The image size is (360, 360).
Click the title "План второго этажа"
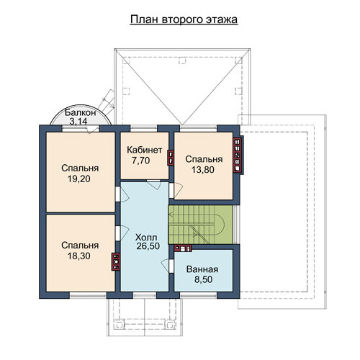(x=184, y=19)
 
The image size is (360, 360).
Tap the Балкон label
(x=81, y=112)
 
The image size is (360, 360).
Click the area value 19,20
(x=79, y=179)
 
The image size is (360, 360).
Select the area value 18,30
(x=79, y=256)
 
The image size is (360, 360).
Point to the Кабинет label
(x=145, y=150)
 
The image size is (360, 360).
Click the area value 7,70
(x=141, y=161)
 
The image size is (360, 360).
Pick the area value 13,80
(x=203, y=170)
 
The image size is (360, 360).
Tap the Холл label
(x=146, y=238)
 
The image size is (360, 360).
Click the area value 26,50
(x=148, y=246)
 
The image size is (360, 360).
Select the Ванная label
(x=202, y=269)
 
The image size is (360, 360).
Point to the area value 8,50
(x=204, y=279)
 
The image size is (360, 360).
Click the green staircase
(x=201, y=225)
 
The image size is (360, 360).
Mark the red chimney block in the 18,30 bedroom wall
(x=116, y=262)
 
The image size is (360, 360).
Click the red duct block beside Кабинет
(x=171, y=158)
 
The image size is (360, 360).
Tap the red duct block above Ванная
(x=183, y=248)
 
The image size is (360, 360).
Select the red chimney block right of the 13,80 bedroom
(x=237, y=155)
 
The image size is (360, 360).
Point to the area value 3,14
(x=78, y=122)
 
